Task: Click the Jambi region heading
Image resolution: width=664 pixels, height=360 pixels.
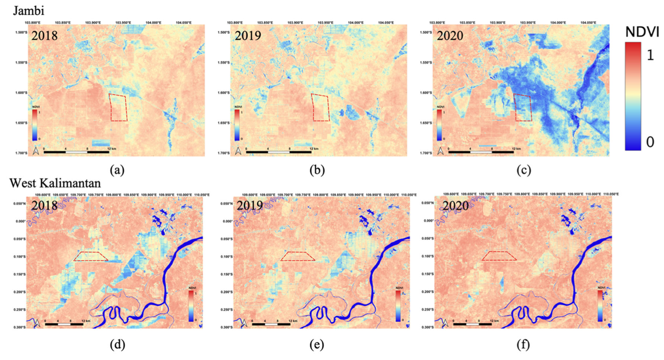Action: pos(29,11)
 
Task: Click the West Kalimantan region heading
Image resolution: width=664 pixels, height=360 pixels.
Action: pos(55,183)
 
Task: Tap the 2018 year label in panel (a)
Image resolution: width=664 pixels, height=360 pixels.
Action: pos(45,36)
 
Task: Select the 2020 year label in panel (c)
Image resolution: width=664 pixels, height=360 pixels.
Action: pos(450,36)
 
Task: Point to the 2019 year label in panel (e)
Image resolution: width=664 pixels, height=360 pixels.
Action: pos(250,205)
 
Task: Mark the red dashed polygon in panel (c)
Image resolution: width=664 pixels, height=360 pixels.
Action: pos(523,107)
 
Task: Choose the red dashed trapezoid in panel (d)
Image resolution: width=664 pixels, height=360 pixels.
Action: pos(90,256)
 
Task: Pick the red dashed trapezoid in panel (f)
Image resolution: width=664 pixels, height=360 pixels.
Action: pos(499,256)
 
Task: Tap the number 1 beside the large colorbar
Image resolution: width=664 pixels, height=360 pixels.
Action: pos(650,55)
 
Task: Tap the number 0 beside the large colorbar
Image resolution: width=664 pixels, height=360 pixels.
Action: pos(650,142)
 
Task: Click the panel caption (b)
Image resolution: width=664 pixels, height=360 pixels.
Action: pos(317,170)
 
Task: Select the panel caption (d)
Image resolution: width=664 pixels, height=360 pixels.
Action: pos(117,345)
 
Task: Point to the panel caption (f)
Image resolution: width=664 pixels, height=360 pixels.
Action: pos(523,345)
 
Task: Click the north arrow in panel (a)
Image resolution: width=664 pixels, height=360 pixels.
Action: pos(36,151)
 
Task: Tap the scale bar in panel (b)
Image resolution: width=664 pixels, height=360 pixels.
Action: pos(279,151)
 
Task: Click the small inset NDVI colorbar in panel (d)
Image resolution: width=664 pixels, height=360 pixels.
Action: pos(191,306)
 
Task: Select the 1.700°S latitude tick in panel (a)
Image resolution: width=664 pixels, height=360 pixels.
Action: pos(21,153)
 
